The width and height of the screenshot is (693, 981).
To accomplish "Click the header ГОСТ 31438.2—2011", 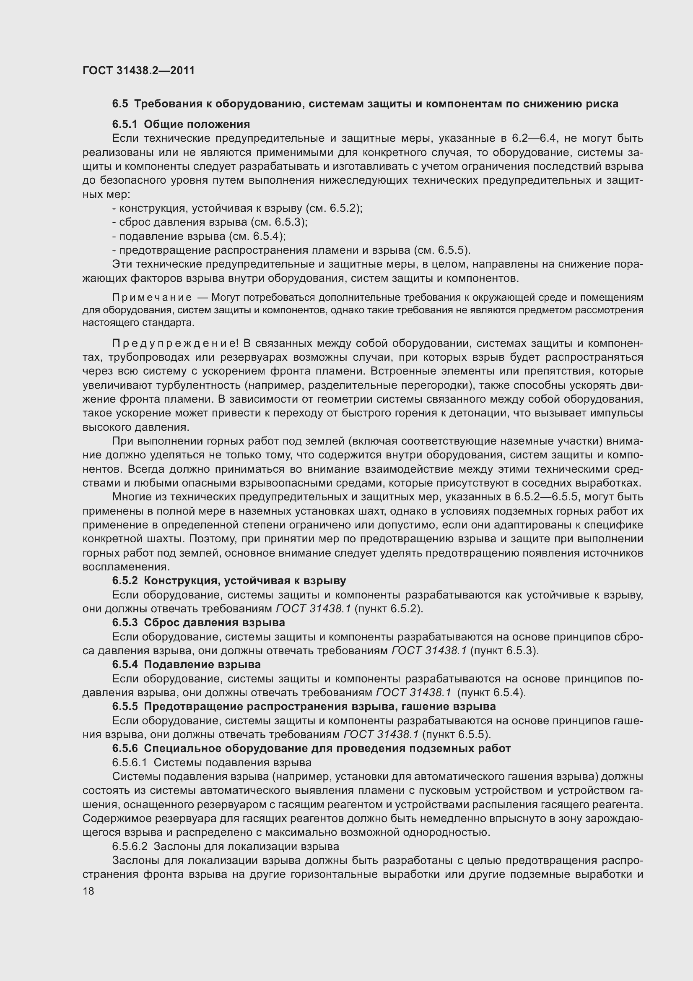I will pyautogui.click(x=138, y=70).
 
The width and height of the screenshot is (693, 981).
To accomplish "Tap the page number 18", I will pyautogui.click(x=88, y=891).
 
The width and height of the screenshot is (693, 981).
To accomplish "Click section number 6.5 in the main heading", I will pyautogui.click(x=120, y=104).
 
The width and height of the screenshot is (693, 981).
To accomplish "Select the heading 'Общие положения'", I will pyautogui.click(x=197, y=124).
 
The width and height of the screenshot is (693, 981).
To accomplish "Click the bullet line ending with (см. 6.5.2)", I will pyautogui.click(x=237, y=208).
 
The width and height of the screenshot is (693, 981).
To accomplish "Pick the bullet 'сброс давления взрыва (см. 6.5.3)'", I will pyautogui.click(x=210, y=222).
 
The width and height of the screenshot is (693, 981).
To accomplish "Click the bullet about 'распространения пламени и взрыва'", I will pyautogui.click(x=291, y=250).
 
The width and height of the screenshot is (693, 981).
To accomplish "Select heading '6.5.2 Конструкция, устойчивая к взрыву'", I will pyautogui.click(x=229, y=580).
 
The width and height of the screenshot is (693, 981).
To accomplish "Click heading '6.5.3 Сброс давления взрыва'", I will pyautogui.click(x=199, y=622).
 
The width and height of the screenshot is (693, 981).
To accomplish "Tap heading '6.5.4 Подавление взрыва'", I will pyautogui.click(x=186, y=664).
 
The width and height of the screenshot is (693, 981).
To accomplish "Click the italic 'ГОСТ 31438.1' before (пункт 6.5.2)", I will pyautogui.click(x=313, y=609).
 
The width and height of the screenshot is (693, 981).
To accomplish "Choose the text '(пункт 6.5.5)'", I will pyautogui.click(x=456, y=734).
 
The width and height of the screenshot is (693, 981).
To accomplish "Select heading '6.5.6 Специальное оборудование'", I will pyautogui.click(x=311, y=748).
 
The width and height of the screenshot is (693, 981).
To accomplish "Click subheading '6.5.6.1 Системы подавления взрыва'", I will pyautogui.click(x=211, y=762).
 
